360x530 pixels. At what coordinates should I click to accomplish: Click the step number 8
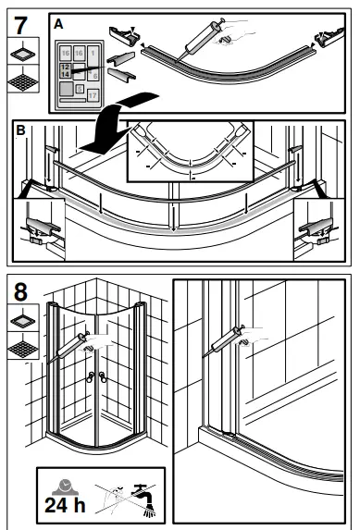click(19, 290)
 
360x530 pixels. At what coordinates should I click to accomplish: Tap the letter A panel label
click(58, 26)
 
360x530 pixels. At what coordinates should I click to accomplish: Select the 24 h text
click(64, 505)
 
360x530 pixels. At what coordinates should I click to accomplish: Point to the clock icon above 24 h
click(63, 484)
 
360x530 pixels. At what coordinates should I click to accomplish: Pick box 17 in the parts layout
click(93, 95)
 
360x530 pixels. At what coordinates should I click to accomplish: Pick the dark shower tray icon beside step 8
click(19, 350)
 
